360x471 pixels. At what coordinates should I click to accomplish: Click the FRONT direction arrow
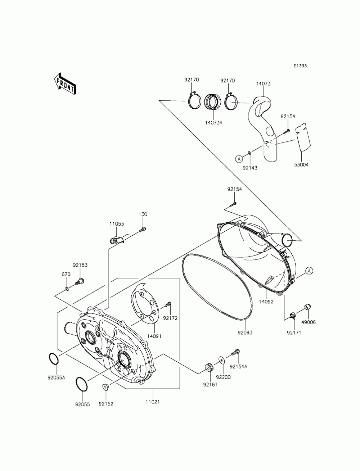click(65, 85)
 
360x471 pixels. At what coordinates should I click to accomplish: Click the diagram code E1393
click(300, 66)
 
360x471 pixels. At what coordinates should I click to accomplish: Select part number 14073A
click(214, 123)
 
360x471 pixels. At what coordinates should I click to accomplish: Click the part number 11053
click(117, 224)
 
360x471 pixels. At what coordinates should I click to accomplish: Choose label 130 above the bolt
click(143, 214)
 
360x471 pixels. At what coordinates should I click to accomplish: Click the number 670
click(66, 274)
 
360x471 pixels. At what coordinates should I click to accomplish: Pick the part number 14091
click(154, 336)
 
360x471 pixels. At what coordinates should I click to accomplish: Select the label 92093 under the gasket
click(245, 333)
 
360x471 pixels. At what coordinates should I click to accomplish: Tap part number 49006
click(308, 322)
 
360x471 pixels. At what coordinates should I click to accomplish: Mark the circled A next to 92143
click(238, 158)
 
